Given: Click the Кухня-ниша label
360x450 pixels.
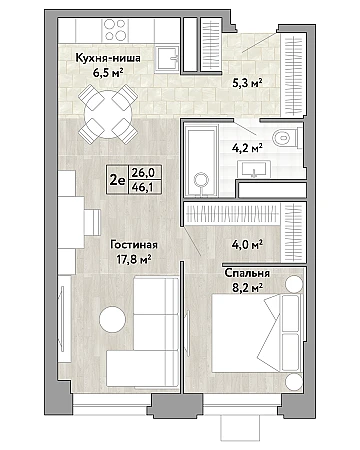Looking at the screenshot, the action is pos(108,58).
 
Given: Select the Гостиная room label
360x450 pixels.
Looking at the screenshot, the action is pos(134,245).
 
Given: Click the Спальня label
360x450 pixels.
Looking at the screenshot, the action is pos(247,273).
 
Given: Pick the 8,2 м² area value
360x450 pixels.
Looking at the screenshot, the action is pos(247,287).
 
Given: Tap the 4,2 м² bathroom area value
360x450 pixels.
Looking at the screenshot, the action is pos(247,147).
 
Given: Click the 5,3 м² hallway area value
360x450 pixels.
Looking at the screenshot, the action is pos(247,82).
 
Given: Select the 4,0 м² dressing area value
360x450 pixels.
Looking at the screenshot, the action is pos(247,245).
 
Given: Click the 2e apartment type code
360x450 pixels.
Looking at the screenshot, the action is pos(117,180).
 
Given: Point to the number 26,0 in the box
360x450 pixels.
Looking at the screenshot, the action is pos(143,173).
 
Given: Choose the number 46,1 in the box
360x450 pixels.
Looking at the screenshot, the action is pos(142,187).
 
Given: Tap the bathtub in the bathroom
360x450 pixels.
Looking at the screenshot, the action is pos(201,160).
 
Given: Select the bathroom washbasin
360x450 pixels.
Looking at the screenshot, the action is pos(254,169).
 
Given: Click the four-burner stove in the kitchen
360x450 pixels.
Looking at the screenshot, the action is pos(115,30).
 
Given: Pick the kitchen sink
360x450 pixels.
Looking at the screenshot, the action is pos(168,58).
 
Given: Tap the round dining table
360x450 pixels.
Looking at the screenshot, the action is pos(108,114).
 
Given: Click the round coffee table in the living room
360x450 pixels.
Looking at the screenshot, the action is pos(112,319).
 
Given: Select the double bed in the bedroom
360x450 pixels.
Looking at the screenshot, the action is pos(257,333).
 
